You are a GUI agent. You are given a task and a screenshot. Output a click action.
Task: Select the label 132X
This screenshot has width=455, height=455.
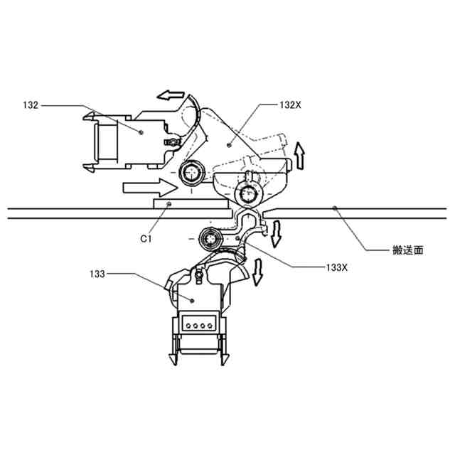[x=290, y=105]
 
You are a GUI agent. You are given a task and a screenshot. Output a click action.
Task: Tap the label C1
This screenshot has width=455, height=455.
[x=146, y=240]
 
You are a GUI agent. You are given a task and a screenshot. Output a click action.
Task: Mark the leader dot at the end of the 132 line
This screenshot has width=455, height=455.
[x=142, y=132]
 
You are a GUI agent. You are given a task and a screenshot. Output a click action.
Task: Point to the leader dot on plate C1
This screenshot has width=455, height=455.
[x=168, y=205]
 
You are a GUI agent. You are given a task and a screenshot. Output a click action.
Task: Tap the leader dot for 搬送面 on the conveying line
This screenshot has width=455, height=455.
[x=335, y=208]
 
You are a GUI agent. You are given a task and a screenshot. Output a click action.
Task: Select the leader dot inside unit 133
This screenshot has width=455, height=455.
[x=191, y=301]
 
